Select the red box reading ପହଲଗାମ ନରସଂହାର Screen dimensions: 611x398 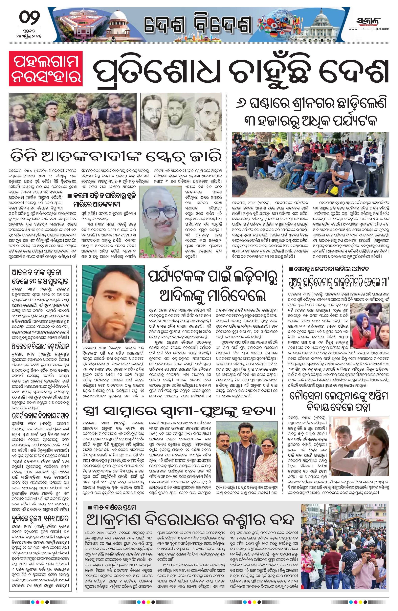46,68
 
